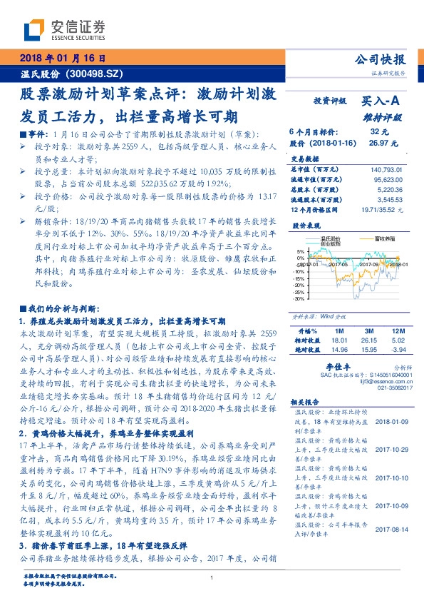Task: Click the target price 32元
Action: pos(379,132)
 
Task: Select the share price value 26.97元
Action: pos(378,142)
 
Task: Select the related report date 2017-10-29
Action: pos(390,449)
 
